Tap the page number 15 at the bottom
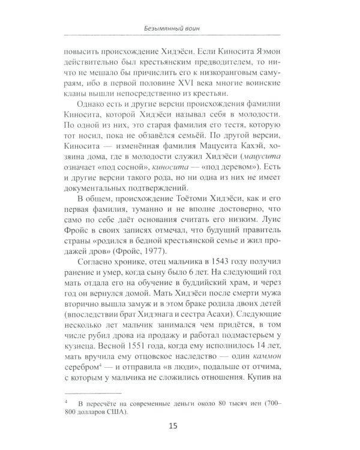[179, 427]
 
